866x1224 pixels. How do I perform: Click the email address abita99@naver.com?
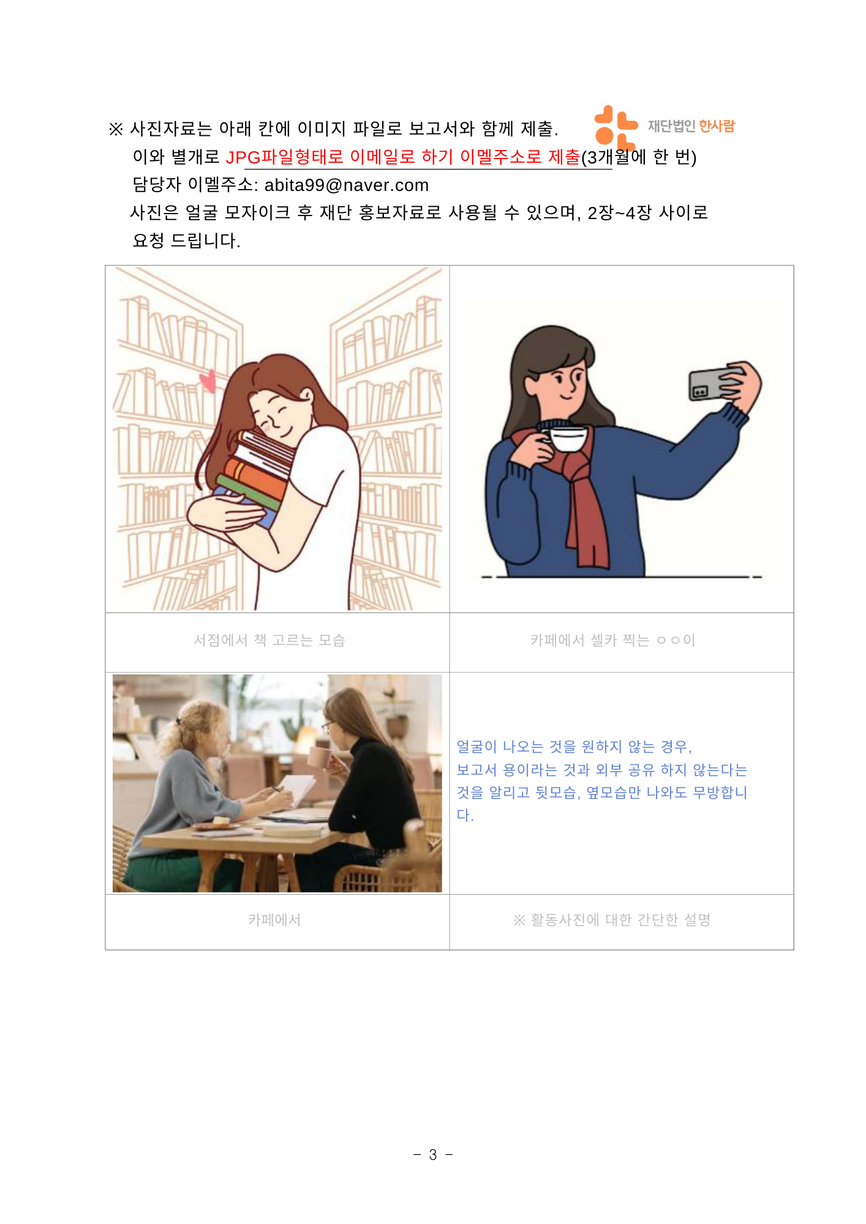(x=347, y=185)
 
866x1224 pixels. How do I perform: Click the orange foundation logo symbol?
(x=616, y=127)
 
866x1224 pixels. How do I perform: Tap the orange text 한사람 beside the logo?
(x=717, y=126)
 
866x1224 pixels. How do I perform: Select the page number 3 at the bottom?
(x=433, y=1155)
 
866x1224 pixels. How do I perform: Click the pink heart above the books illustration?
(x=208, y=380)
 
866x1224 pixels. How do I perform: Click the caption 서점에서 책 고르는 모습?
(x=269, y=640)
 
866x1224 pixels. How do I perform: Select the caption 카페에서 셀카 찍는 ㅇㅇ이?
(x=613, y=640)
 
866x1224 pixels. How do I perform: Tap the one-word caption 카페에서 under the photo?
(x=274, y=920)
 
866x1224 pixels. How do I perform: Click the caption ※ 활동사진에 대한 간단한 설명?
(x=612, y=920)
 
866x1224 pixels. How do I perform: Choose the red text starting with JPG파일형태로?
(x=403, y=157)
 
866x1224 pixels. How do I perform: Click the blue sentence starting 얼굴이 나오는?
(x=602, y=781)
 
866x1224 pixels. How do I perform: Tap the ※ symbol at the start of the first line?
(x=116, y=129)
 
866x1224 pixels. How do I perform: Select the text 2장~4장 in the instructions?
(x=619, y=213)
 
